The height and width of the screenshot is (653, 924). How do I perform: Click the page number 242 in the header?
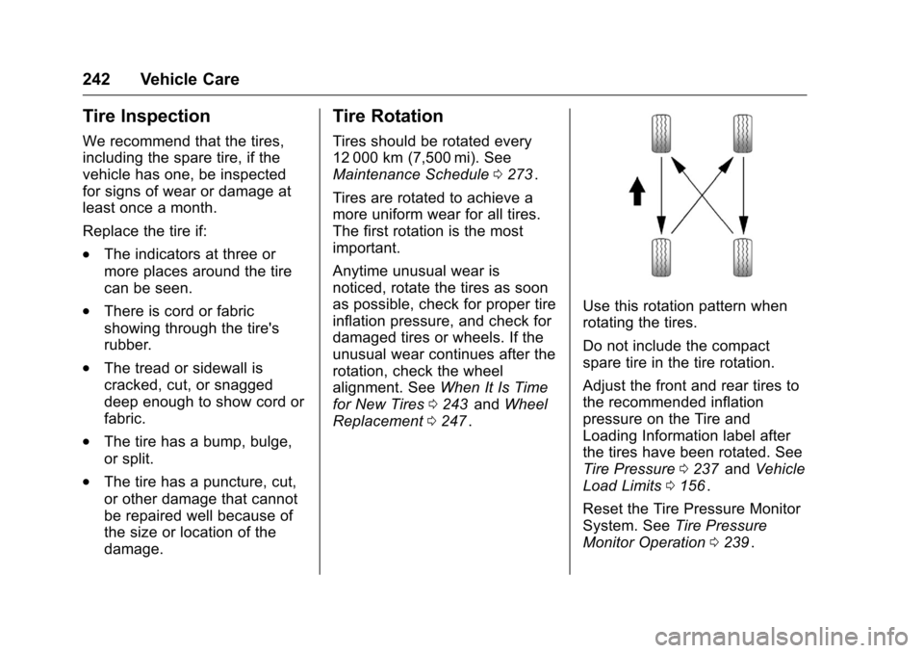point(99,80)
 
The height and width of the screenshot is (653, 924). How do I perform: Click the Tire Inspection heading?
point(146,117)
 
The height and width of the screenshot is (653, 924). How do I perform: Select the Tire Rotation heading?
point(388,117)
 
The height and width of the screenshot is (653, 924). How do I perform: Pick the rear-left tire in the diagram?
point(660,257)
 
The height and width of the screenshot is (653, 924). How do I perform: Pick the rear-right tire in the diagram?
point(742,257)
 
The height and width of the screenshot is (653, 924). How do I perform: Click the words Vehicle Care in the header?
point(189,80)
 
